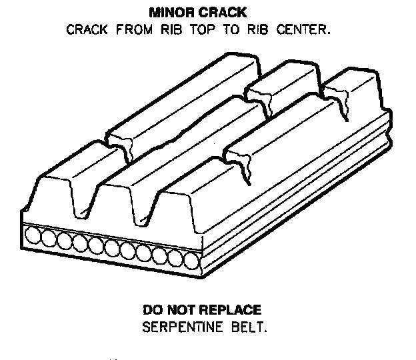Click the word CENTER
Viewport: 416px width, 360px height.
click(x=305, y=30)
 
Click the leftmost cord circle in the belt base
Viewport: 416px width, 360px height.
click(x=31, y=236)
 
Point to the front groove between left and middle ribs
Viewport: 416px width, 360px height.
click(x=107, y=200)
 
